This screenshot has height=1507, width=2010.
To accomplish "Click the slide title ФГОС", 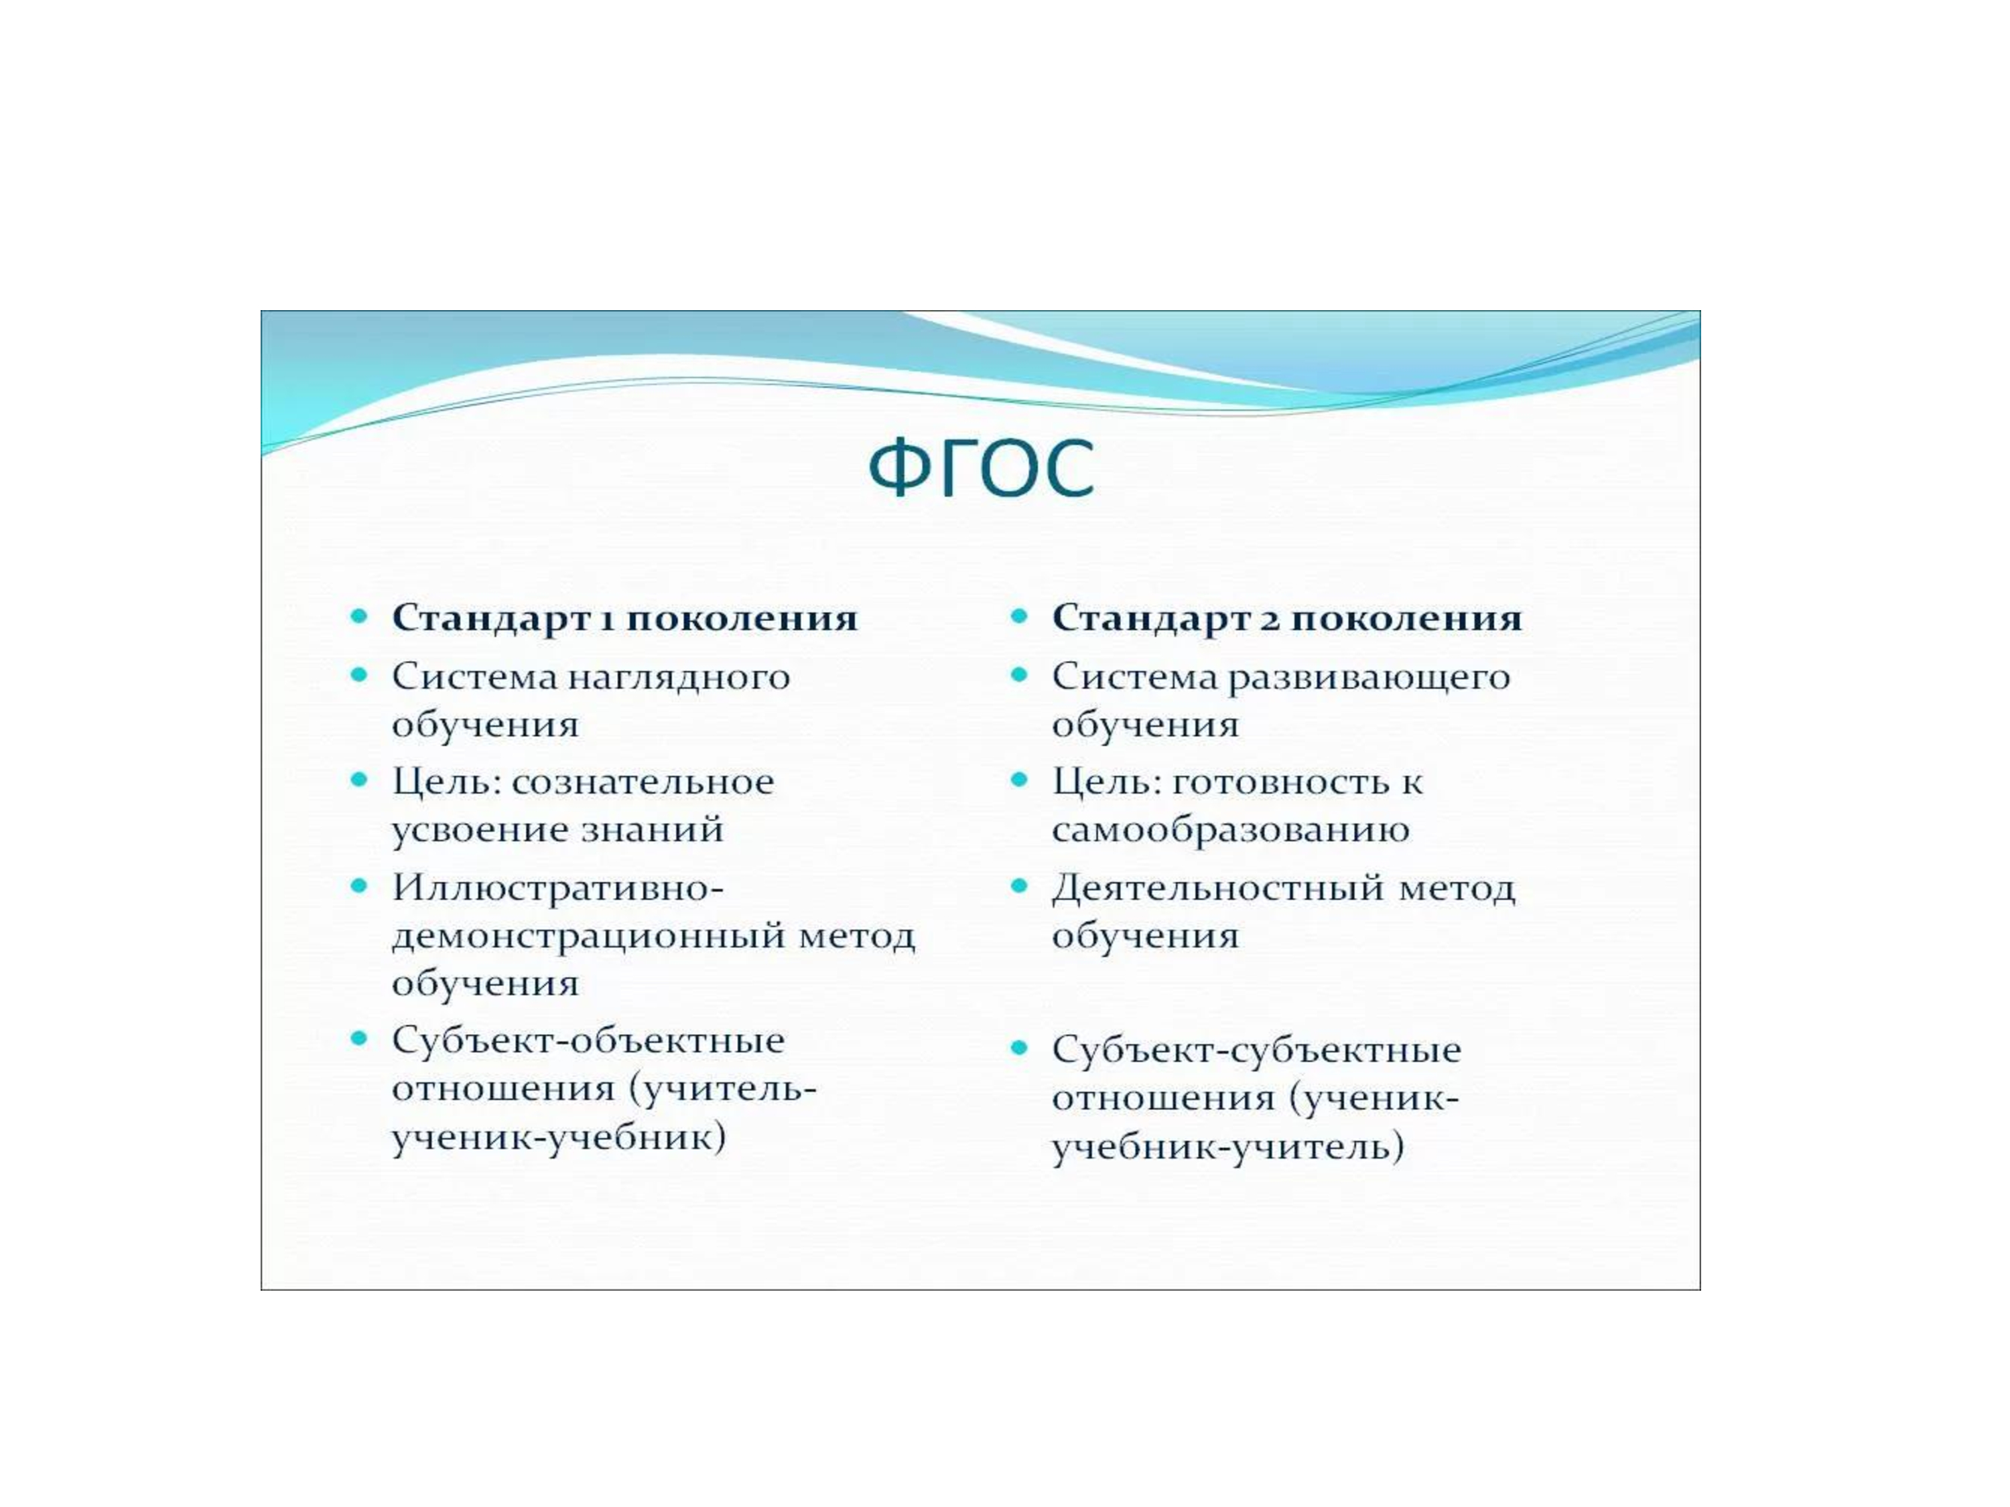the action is tap(982, 468).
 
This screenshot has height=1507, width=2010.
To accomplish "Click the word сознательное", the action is tap(643, 782).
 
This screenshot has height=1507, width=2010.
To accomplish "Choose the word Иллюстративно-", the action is tap(558, 887).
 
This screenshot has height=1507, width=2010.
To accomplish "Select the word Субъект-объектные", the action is tap(588, 1040).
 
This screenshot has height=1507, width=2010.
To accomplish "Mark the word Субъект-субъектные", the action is tap(1257, 1050).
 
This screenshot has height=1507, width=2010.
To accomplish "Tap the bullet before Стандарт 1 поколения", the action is tap(360, 617).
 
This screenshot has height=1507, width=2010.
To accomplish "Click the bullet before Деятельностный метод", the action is tap(1020, 885).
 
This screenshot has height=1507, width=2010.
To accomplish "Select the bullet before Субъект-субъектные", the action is tap(1020, 1048).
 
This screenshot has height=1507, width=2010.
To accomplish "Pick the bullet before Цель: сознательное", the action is tap(360, 780).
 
